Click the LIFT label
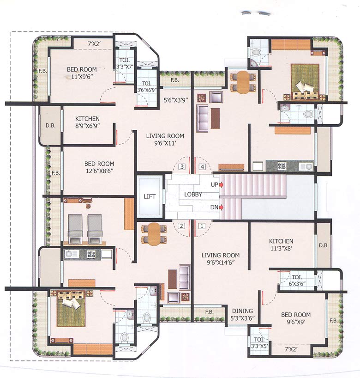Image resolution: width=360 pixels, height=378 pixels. (x=150, y=196)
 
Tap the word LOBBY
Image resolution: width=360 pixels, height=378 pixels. (x=192, y=195)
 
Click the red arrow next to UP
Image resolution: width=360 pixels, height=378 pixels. (x=222, y=185)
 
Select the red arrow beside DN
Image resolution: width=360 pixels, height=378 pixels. (x=222, y=207)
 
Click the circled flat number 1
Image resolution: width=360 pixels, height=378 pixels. (x=201, y=226)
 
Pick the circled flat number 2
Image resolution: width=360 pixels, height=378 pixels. (x=182, y=226)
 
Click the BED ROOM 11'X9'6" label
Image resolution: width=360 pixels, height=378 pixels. (x=82, y=73)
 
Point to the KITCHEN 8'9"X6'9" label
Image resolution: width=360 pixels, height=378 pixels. (x=87, y=122)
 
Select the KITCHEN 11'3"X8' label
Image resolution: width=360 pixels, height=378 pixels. (x=281, y=245)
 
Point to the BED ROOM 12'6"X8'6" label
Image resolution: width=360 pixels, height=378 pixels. (x=99, y=167)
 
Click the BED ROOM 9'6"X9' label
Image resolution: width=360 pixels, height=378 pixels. (x=296, y=319)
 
